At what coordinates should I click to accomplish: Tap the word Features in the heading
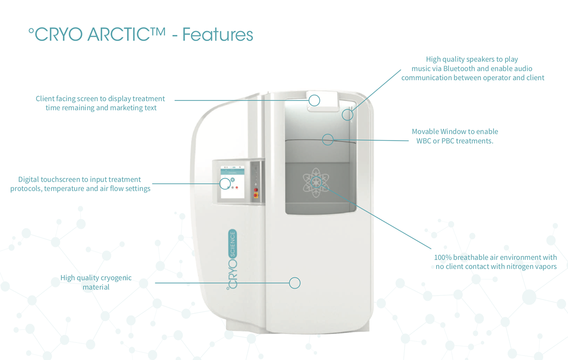217,34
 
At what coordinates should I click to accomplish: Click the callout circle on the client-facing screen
314,100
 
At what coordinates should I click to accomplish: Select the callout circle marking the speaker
347,115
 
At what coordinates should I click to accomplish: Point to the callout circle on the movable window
328,140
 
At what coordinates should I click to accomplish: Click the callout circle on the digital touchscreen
225,183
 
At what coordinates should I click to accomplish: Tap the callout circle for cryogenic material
295,283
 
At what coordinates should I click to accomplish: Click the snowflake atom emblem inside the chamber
316,183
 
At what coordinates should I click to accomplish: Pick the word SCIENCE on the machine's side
232,244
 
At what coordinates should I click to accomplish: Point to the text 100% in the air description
443,257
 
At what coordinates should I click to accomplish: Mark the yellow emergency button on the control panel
256,195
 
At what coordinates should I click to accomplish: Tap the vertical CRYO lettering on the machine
232,274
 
